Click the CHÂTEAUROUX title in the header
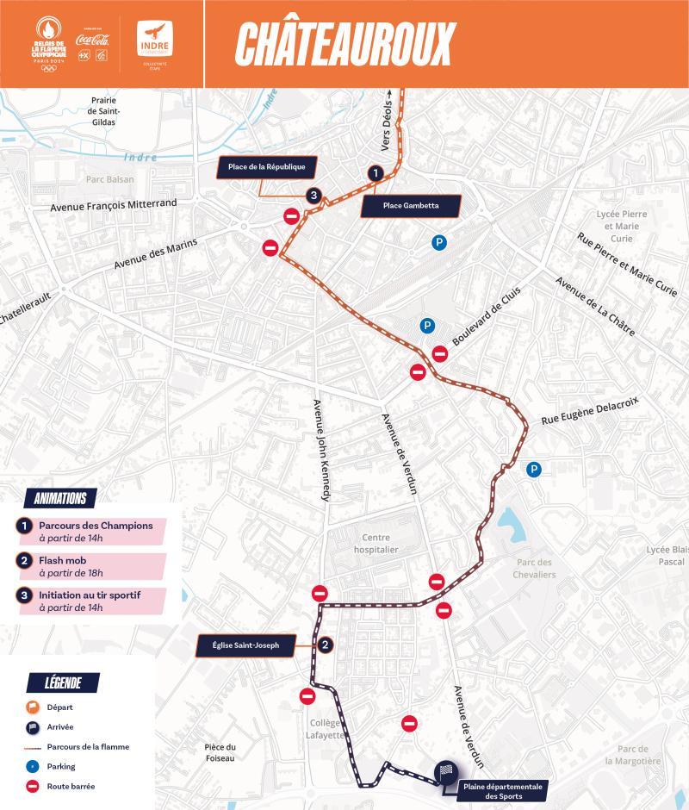(344, 44)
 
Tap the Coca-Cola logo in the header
(92, 39)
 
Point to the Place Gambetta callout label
(411, 206)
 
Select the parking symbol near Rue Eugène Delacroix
(534, 470)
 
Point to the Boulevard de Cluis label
(487, 316)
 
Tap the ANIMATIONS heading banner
(59, 498)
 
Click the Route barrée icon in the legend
(34, 787)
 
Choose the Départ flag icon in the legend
(34, 707)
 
